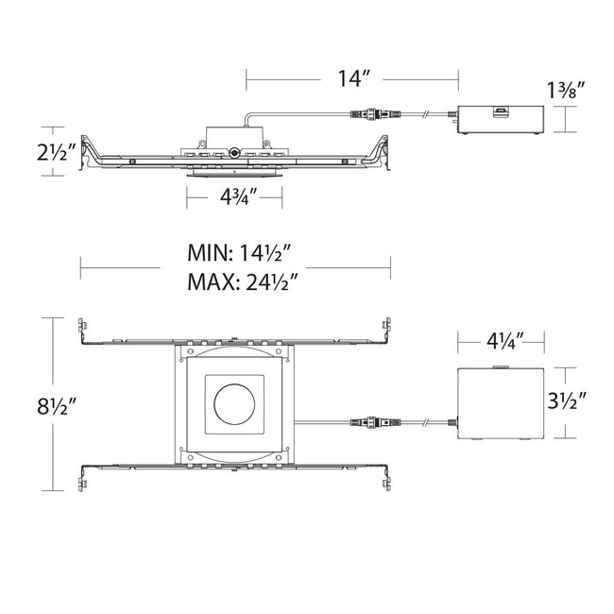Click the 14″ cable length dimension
point(354,78)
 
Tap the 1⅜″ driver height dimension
point(566,91)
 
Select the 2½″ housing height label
point(56,152)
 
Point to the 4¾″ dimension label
point(238,196)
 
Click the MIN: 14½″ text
point(239,253)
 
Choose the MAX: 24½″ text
point(243,281)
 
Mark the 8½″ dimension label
point(56,405)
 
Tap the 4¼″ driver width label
point(505,341)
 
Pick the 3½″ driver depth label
point(566,401)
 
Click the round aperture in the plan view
point(234,403)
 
